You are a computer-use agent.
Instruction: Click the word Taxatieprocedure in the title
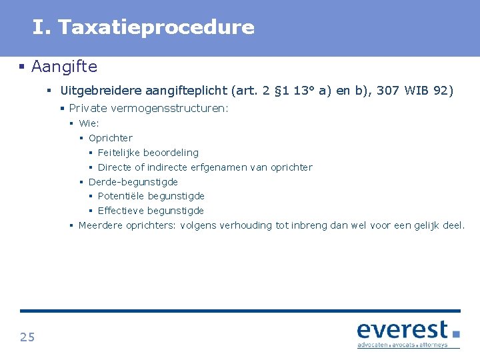[156, 27]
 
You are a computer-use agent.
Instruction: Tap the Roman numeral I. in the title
[41, 27]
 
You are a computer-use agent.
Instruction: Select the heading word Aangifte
[64, 67]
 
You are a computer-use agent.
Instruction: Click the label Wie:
[89, 123]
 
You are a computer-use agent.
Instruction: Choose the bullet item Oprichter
[111, 138]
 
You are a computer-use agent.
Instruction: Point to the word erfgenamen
[218, 167]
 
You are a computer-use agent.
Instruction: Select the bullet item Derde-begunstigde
[133, 181]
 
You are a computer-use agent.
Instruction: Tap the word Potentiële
[121, 196]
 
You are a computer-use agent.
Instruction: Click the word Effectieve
[121, 211]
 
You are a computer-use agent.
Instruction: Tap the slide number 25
[27, 337]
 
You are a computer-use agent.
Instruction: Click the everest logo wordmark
[402, 331]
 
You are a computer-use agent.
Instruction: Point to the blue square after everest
[456, 333]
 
